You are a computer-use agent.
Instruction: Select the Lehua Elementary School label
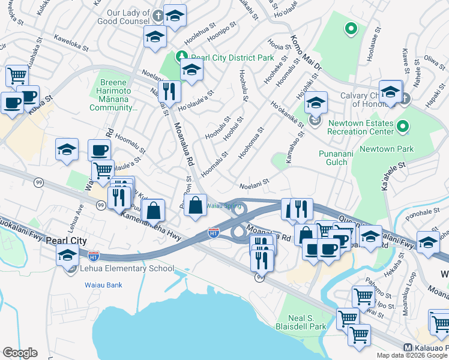click(127, 269)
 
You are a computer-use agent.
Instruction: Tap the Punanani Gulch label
click(333, 157)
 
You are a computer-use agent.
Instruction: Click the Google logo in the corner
click(20, 353)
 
